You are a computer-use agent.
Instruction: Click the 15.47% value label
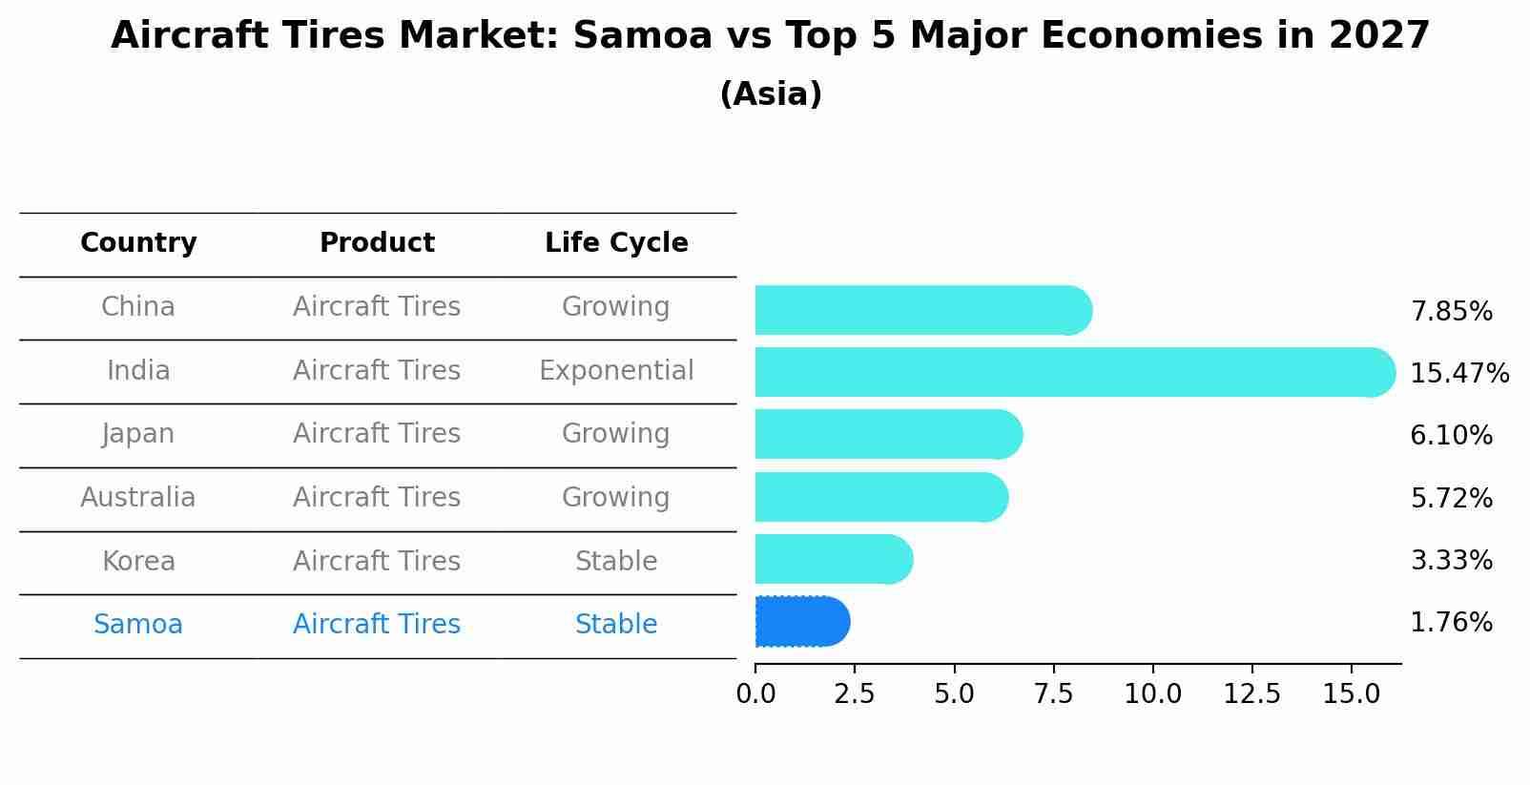pyautogui.click(x=1458, y=373)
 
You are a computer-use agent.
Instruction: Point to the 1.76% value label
pyautogui.click(x=1451, y=623)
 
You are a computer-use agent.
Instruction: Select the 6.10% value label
pyautogui.click(x=1451, y=436)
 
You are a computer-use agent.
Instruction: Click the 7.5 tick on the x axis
pyautogui.click(x=1053, y=693)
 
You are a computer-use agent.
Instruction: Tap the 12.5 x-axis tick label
pyautogui.click(x=1251, y=693)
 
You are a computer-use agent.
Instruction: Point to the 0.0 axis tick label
pyautogui.click(x=755, y=693)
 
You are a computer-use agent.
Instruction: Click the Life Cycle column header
pyautogui.click(x=616, y=243)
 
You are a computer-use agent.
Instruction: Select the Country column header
pyautogui.click(x=138, y=243)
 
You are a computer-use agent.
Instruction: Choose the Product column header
pyautogui.click(x=377, y=243)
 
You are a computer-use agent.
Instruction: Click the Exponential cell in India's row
pyautogui.click(x=616, y=370)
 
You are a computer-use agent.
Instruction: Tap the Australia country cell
pyautogui.click(x=138, y=497)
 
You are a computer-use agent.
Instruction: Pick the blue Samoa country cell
pyautogui.click(x=138, y=624)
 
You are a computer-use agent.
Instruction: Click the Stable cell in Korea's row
pyautogui.click(x=616, y=561)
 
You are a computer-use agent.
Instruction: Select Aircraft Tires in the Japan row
pyautogui.click(x=377, y=433)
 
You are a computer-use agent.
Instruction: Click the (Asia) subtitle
pyautogui.click(x=771, y=94)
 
